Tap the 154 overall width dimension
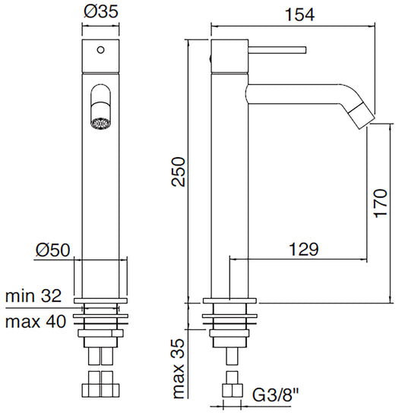296,14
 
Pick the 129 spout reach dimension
302,249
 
